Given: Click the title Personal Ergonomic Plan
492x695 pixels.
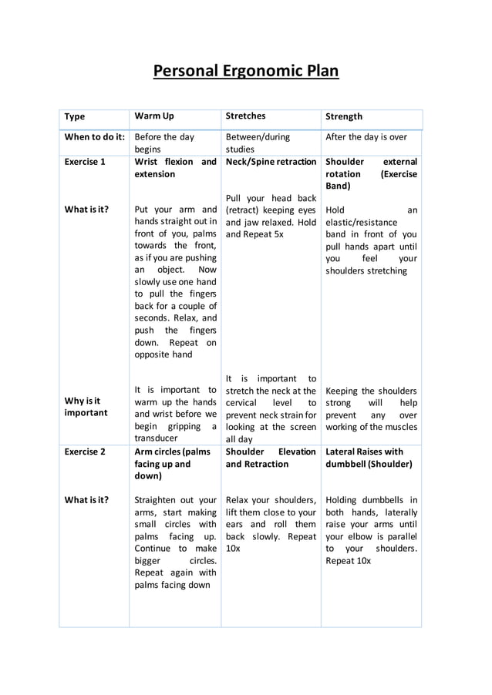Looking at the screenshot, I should click(245, 72).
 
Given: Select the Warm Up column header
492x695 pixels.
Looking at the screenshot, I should click(154, 116).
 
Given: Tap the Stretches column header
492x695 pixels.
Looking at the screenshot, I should click(245, 116).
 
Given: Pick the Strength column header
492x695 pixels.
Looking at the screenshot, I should click(344, 117).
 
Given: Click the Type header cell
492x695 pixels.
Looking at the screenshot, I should click(75, 117).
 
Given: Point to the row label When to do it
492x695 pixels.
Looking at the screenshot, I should click(94, 137).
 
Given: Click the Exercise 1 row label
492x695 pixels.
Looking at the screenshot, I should click(85, 162).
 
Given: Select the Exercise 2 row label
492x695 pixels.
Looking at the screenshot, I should click(85, 452).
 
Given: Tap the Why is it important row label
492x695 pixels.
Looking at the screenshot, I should click(86, 407).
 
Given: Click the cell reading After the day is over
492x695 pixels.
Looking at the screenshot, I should click(366, 137).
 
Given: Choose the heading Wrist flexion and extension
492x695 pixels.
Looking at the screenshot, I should click(175, 168).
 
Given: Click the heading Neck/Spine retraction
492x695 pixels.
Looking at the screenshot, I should click(271, 162).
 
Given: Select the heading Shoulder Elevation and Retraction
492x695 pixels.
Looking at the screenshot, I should click(271, 458).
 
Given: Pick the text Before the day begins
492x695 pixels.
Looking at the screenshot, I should click(164, 143).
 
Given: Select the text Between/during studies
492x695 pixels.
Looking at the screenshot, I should click(258, 143).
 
